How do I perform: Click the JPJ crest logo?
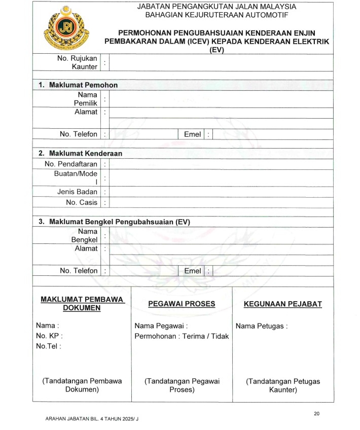click(x=66, y=27)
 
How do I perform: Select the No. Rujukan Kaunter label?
click(x=78, y=62)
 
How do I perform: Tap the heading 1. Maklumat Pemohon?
click(x=78, y=85)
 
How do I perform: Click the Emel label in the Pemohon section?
click(x=193, y=134)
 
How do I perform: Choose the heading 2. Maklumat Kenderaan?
click(x=80, y=153)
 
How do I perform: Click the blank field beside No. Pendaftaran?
click(x=221, y=164)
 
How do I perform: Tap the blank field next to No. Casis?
click(x=221, y=202)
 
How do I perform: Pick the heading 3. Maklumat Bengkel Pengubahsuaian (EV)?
click(x=114, y=222)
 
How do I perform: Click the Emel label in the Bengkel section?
click(x=193, y=271)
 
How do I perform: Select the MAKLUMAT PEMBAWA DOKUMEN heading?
click(x=82, y=304)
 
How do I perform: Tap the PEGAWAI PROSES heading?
click(x=182, y=304)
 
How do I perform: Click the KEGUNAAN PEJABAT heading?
click(x=283, y=304)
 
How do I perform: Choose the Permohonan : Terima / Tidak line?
click(x=182, y=336)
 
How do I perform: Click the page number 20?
click(x=316, y=413)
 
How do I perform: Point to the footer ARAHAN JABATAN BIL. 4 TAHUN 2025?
click(x=92, y=419)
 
